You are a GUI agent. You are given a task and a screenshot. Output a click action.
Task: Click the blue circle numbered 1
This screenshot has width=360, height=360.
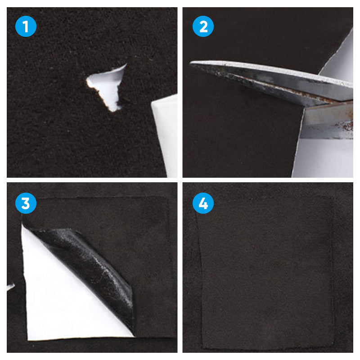(x=26, y=27)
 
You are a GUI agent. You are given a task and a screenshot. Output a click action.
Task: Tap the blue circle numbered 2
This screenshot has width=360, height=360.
(x=203, y=27)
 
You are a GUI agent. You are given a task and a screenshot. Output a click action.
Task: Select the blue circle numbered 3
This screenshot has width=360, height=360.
(x=26, y=203)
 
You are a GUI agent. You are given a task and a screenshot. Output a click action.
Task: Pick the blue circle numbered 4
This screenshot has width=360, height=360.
(x=203, y=203)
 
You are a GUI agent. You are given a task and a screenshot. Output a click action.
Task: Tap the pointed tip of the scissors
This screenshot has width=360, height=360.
(x=190, y=63)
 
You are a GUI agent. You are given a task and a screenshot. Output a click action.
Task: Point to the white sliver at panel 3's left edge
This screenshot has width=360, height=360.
(x=10, y=287)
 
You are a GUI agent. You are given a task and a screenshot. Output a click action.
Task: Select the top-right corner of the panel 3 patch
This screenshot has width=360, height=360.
(x=167, y=198)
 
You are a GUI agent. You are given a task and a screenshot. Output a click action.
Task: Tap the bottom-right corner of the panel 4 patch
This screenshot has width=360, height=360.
(x=333, y=348)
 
